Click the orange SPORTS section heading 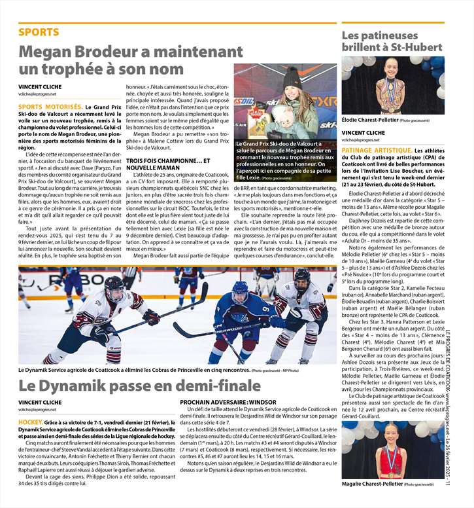[39, 32]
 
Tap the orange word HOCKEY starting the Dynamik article [31, 423]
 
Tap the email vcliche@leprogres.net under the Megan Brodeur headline [37, 94]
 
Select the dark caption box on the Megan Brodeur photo [285, 161]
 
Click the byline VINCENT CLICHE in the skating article [363, 133]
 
